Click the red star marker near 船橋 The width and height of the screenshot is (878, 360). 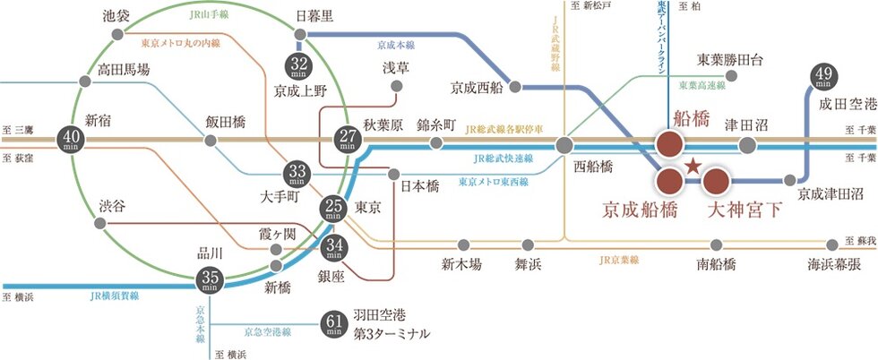(x=692, y=167)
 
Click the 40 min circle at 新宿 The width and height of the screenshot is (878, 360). (x=71, y=139)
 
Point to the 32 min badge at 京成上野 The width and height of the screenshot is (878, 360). (x=298, y=65)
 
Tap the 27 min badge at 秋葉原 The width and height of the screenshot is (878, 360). (x=345, y=139)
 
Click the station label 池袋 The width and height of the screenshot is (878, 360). (x=116, y=15)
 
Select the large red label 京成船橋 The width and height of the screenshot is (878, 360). (x=637, y=212)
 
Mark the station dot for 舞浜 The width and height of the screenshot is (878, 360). (x=528, y=244)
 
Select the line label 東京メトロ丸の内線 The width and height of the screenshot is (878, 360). (x=180, y=42)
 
